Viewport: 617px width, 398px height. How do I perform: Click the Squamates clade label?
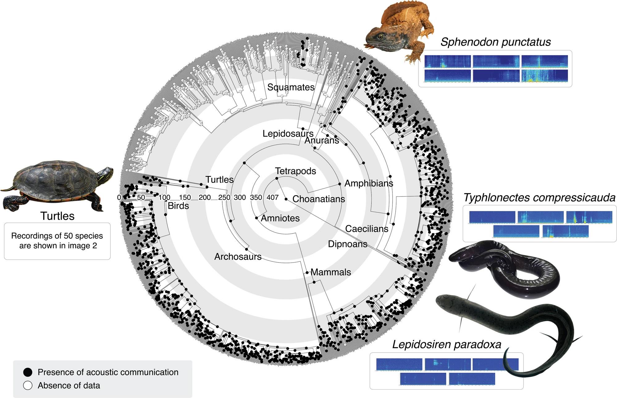[x=291, y=87]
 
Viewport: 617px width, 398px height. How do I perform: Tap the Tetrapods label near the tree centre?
[x=296, y=171]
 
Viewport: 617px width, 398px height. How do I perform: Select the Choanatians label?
[x=318, y=199]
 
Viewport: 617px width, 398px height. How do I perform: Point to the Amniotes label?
[x=280, y=218]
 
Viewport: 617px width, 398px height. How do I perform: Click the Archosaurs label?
[x=238, y=256]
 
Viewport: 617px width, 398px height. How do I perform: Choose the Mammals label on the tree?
[x=331, y=272]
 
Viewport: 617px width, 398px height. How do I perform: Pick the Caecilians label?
[x=367, y=229]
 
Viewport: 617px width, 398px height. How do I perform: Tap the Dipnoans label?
[x=347, y=244]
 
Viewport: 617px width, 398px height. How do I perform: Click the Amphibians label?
[x=369, y=183]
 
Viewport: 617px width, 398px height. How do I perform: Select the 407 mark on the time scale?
[x=272, y=197]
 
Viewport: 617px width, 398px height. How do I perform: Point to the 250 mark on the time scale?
[x=224, y=197]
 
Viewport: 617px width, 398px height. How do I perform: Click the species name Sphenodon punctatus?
[x=495, y=42]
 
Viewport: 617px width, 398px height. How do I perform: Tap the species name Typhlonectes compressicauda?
[x=539, y=198]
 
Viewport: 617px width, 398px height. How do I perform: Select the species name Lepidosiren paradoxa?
[x=447, y=344]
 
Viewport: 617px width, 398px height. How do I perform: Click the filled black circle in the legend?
[x=28, y=372]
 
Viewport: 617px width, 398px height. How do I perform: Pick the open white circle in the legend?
[x=28, y=386]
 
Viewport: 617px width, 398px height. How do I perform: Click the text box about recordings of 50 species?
[x=57, y=241]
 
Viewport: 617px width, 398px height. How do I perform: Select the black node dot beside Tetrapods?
[x=277, y=179]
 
